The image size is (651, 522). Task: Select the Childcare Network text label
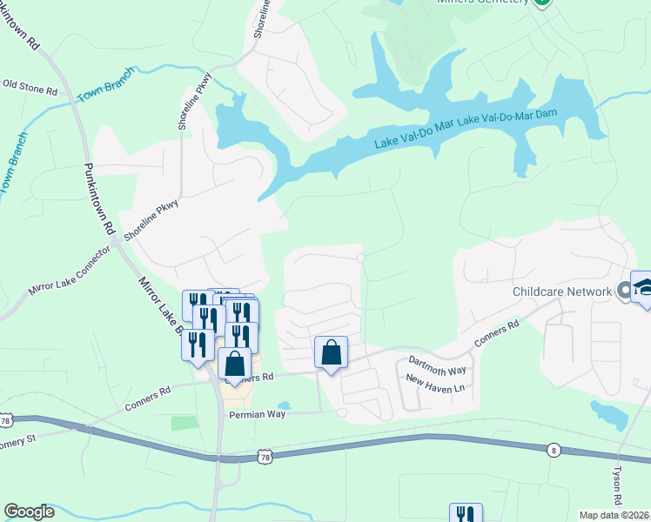click(x=562, y=292)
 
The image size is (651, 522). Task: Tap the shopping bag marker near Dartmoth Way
click(x=331, y=353)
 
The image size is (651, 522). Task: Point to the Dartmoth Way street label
click(x=437, y=365)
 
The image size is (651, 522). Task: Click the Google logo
click(x=29, y=512)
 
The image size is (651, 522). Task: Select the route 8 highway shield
click(x=554, y=450)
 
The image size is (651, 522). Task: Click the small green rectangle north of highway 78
click(x=184, y=423)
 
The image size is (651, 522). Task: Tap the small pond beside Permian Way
click(x=284, y=405)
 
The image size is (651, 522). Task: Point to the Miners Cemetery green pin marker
click(x=542, y=3)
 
